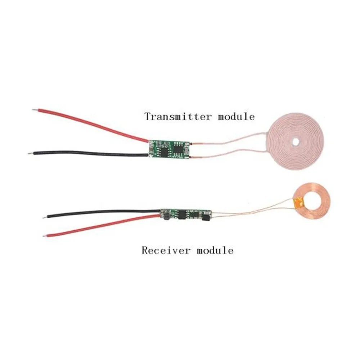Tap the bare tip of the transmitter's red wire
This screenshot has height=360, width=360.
33,111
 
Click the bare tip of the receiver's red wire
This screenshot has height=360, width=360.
45,236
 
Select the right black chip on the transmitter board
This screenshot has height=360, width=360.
178,149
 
